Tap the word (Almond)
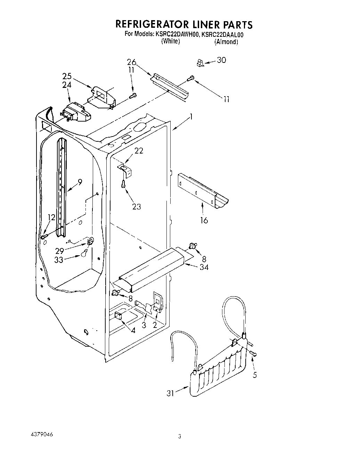pyautogui.click(x=226, y=42)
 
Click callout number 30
pyautogui.click(x=221, y=60)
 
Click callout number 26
pyautogui.click(x=131, y=63)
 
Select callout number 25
pyautogui.click(x=67, y=76)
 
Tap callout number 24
pyautogui.click(x=67, y=84)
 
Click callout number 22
pyautogui.click(x=139, y=151)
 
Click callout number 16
pyautogui.click(x=204, y=220)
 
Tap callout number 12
pyautogui.click(x=51, y=217)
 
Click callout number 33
pyautogui.click(x=59, y=259)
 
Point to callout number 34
pyautogui.click(x=204, y=267)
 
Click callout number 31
pyautogui.click(x=170, y=393)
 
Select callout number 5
pyautogui.click(x=255, y=375)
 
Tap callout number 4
pyautogui.click(x=133, y=330)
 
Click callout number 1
pyautogui.click(x=191, y=117)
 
